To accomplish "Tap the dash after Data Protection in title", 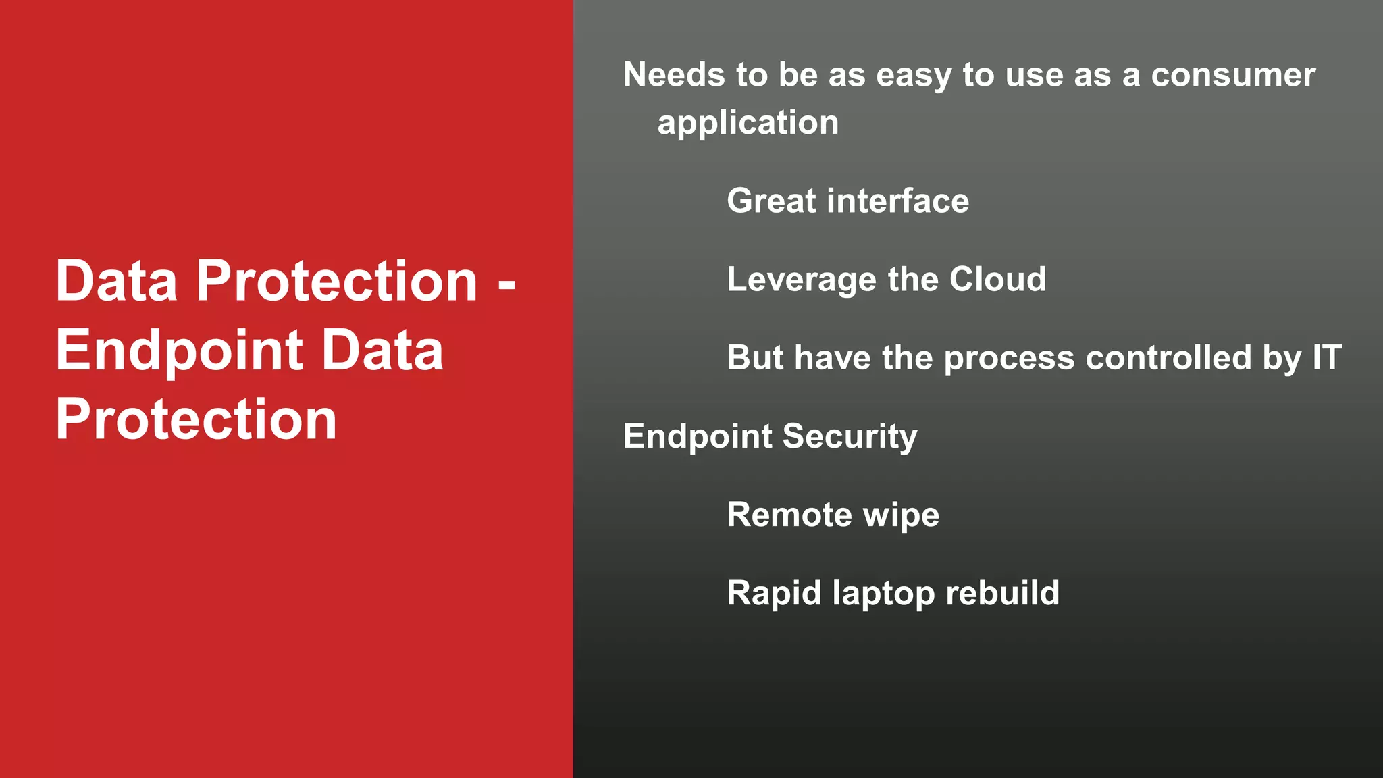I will coord(506,284).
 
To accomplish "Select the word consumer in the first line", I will coord(1233,75).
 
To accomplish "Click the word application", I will coord(748,124).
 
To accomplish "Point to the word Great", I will coord(771,201).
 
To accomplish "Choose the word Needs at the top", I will coord(674,75).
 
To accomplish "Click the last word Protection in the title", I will coord(196,420).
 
